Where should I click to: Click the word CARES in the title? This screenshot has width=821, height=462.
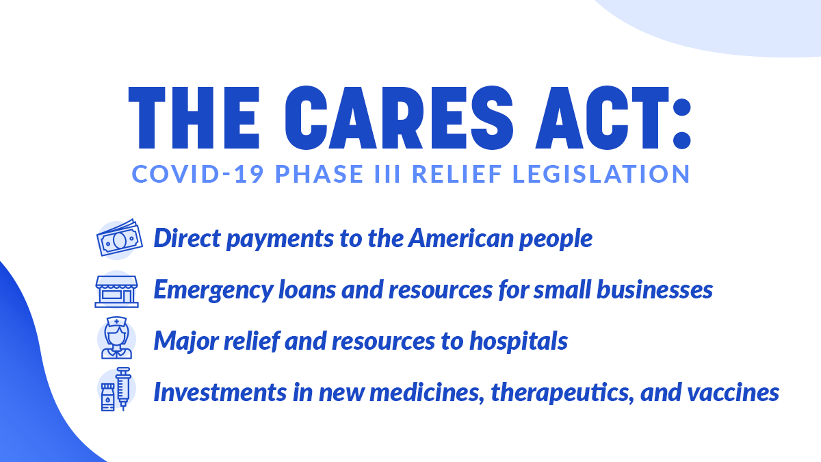click(x=399, y=118)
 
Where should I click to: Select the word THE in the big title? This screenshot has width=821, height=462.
click(x=194, y=118)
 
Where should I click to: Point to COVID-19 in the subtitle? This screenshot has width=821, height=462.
click(x=198, y=174)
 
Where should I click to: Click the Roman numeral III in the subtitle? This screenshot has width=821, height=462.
click(x=387, y=174)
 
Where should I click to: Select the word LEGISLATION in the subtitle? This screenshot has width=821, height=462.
click(x=601, y=174)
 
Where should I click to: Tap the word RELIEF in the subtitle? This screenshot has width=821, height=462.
click(x=457, y=174)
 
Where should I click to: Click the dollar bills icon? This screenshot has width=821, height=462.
click(x=120, y=238)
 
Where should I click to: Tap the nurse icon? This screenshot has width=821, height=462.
click(x=116, y=337)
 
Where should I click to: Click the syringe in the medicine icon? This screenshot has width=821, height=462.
click(x=123, y=388)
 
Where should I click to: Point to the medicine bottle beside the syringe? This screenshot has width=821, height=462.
click(x=108, y=397)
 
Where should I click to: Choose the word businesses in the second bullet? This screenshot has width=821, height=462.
click(x=655, y=290)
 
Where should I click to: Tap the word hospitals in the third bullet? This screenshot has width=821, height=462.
click(x=519, y=341)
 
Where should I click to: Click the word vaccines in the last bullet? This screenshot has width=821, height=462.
click(x=733, y=392)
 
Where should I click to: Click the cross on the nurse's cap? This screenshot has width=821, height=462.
click(x=116, y=322)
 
